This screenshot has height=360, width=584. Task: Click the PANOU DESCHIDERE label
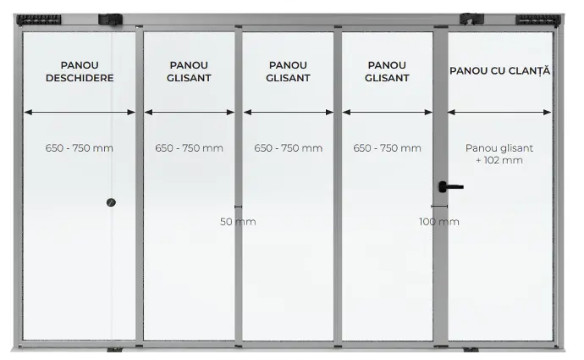pos(80,71)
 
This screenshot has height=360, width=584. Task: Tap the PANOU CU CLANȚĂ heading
pos(499,70)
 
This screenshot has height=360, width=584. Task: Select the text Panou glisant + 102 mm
pos(499,153)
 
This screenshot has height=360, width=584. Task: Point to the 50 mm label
pos(238,221)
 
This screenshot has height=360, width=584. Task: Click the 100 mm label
pos(439,221)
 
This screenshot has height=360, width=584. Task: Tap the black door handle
pos(449,186)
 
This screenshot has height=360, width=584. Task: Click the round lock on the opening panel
pos(111,202)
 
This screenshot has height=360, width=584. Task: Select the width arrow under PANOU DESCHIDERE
pos(80,112)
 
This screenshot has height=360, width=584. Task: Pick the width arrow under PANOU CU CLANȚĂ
pos(499,112)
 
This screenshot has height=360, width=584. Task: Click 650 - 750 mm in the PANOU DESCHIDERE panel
pos(79,148)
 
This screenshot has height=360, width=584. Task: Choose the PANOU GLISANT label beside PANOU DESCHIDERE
pos(189,71)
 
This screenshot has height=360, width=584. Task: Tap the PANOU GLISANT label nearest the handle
pos(388,71)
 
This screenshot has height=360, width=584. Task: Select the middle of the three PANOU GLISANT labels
pos(289,71)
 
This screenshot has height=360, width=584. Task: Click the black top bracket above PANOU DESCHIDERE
pos(112,18)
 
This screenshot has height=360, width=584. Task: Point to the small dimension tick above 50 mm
pos(238,207)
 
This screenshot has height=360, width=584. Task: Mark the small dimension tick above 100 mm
pos(438,207)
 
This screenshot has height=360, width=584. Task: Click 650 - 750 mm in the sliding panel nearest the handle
pos(388,148)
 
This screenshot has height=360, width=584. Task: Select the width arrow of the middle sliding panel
pos(289,112)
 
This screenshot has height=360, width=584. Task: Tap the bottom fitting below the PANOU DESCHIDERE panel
pos(114,349)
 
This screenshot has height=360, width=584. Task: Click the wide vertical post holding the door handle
pos(439,271)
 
